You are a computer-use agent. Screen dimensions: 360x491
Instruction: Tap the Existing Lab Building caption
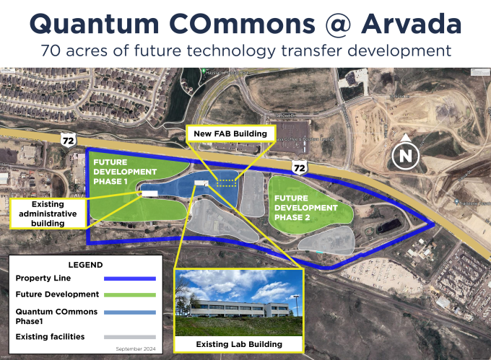[x=238, y=345]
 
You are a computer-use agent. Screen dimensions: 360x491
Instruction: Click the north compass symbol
[x=407, y=153]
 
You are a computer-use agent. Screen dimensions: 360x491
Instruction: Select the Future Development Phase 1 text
[x=124, y=172]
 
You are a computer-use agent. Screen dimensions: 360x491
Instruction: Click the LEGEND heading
[x=85, y=265]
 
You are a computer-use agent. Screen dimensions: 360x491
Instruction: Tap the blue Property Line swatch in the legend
[x=130, y=278]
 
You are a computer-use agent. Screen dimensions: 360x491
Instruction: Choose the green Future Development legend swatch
[x=130, y=294]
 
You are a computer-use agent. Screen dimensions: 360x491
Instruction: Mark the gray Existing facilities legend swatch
[x=130, y=336]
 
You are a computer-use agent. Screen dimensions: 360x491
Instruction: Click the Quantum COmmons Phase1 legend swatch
[x=130, y=312]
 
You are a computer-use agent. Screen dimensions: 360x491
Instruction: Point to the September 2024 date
[x=136, y=348]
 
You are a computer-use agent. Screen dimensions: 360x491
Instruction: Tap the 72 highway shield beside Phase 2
[x=299, y=168]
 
